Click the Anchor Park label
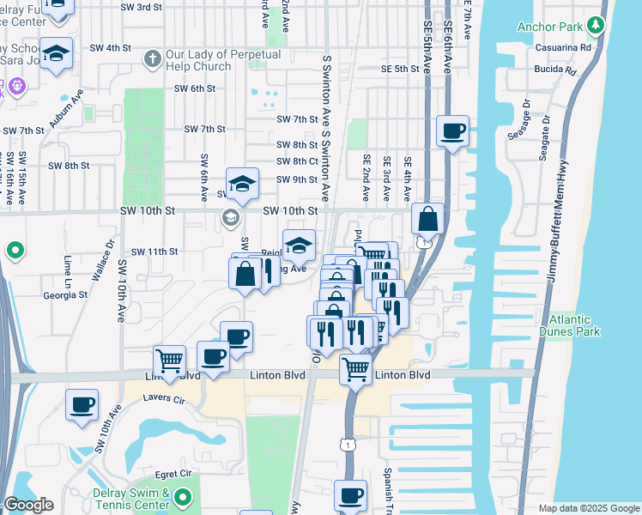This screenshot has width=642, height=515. tap(549, 27)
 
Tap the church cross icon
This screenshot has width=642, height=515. tap(153, 59)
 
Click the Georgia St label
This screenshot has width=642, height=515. tap(66, 294)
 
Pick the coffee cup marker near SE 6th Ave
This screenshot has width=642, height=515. tap(452, 132)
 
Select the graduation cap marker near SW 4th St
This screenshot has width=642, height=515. tap(56, 54)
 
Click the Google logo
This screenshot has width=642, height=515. tap(28, 505)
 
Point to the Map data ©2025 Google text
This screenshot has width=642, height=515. tap(588, 508)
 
